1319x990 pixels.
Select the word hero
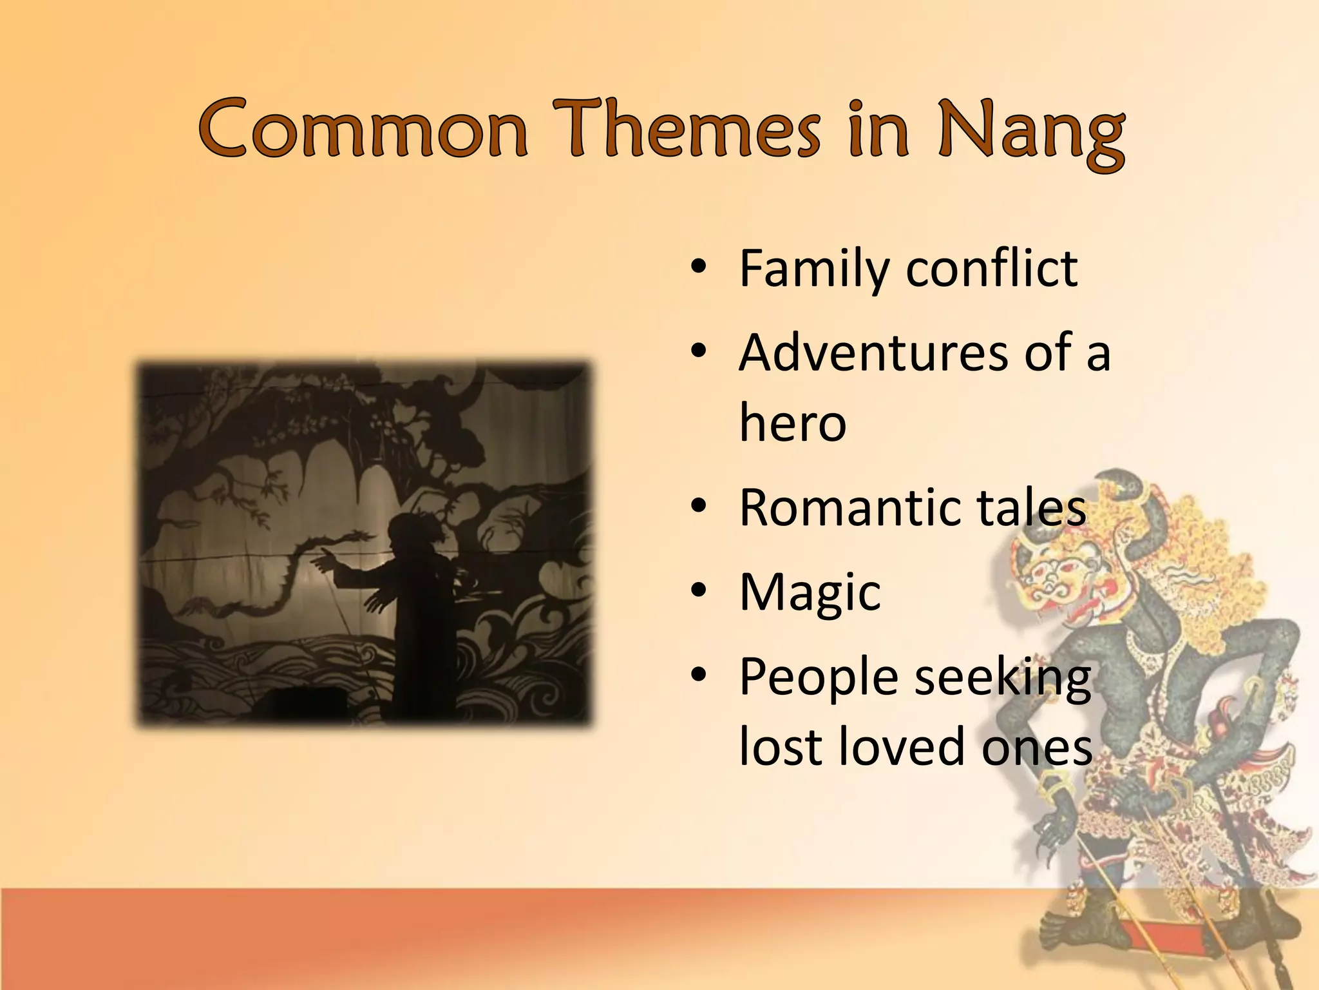(792, 423)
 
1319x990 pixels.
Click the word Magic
(810, 593)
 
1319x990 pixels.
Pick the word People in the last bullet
(818, 678)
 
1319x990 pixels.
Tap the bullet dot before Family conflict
(699, 267)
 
